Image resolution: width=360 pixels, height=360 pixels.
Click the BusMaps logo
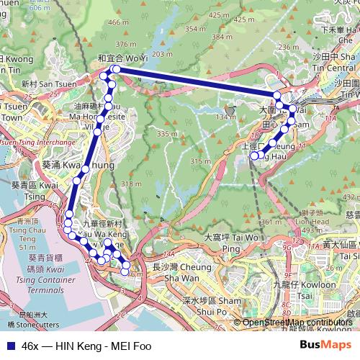325,346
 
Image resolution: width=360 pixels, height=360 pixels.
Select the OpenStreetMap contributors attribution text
297,323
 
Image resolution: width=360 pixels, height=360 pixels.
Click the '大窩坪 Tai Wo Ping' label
231,243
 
